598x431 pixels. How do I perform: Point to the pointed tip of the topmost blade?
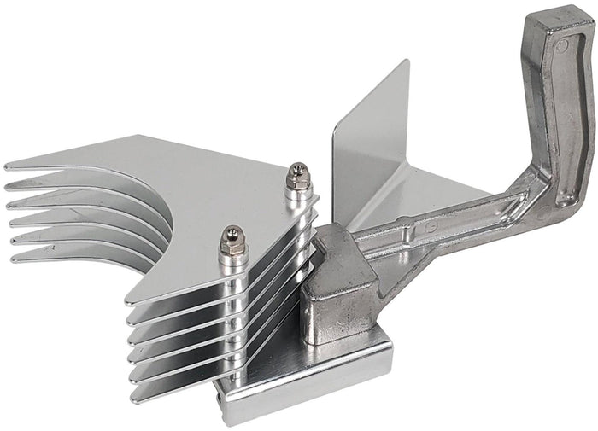pos(7,166)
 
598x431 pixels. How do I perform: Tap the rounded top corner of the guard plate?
pos(405,65)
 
